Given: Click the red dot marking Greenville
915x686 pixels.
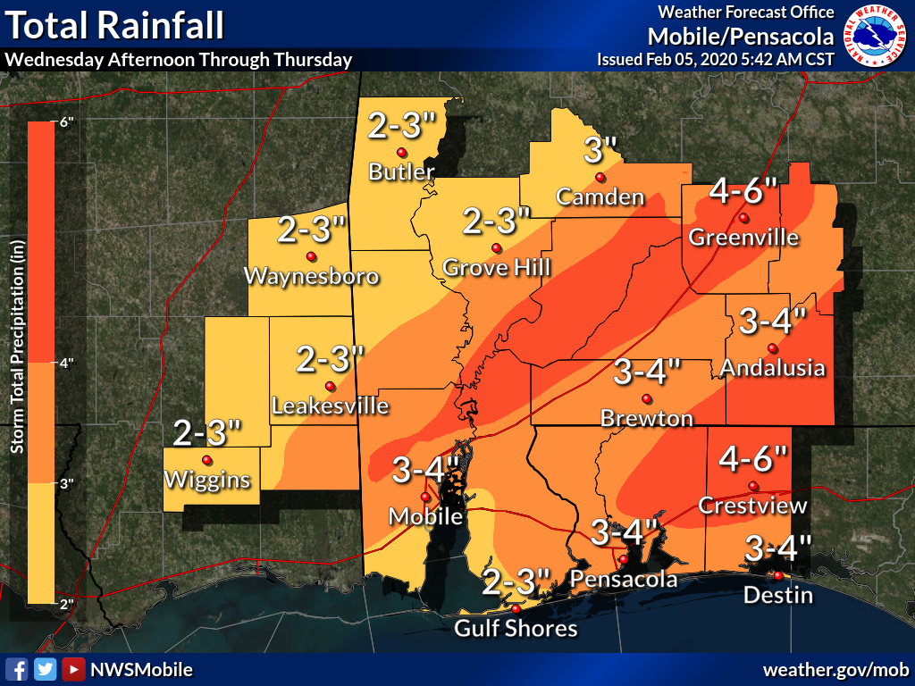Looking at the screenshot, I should click(743, 218).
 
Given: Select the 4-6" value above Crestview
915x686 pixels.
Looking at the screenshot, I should click(754, 460).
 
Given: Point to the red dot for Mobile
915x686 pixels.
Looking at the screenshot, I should click(425, 498).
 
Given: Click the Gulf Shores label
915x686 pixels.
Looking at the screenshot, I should click(516, 629).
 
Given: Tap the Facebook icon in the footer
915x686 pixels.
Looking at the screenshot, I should click(16, 669).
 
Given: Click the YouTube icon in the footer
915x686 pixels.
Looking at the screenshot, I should click(73, 669).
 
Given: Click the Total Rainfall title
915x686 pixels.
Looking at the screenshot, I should click(115, 26).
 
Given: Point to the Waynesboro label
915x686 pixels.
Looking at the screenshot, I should click(311, 276).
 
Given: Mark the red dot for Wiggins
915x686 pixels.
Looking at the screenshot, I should click(207, 460).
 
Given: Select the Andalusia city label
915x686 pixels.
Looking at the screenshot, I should click(772, 367).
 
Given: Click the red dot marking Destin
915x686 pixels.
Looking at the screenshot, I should click(778, 575).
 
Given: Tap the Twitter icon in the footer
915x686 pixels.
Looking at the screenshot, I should click(45, 669).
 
